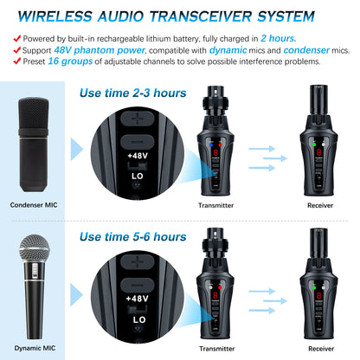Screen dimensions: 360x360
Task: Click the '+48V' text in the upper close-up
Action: pos(138,156)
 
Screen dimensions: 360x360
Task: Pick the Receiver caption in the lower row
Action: pos(319,348)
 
